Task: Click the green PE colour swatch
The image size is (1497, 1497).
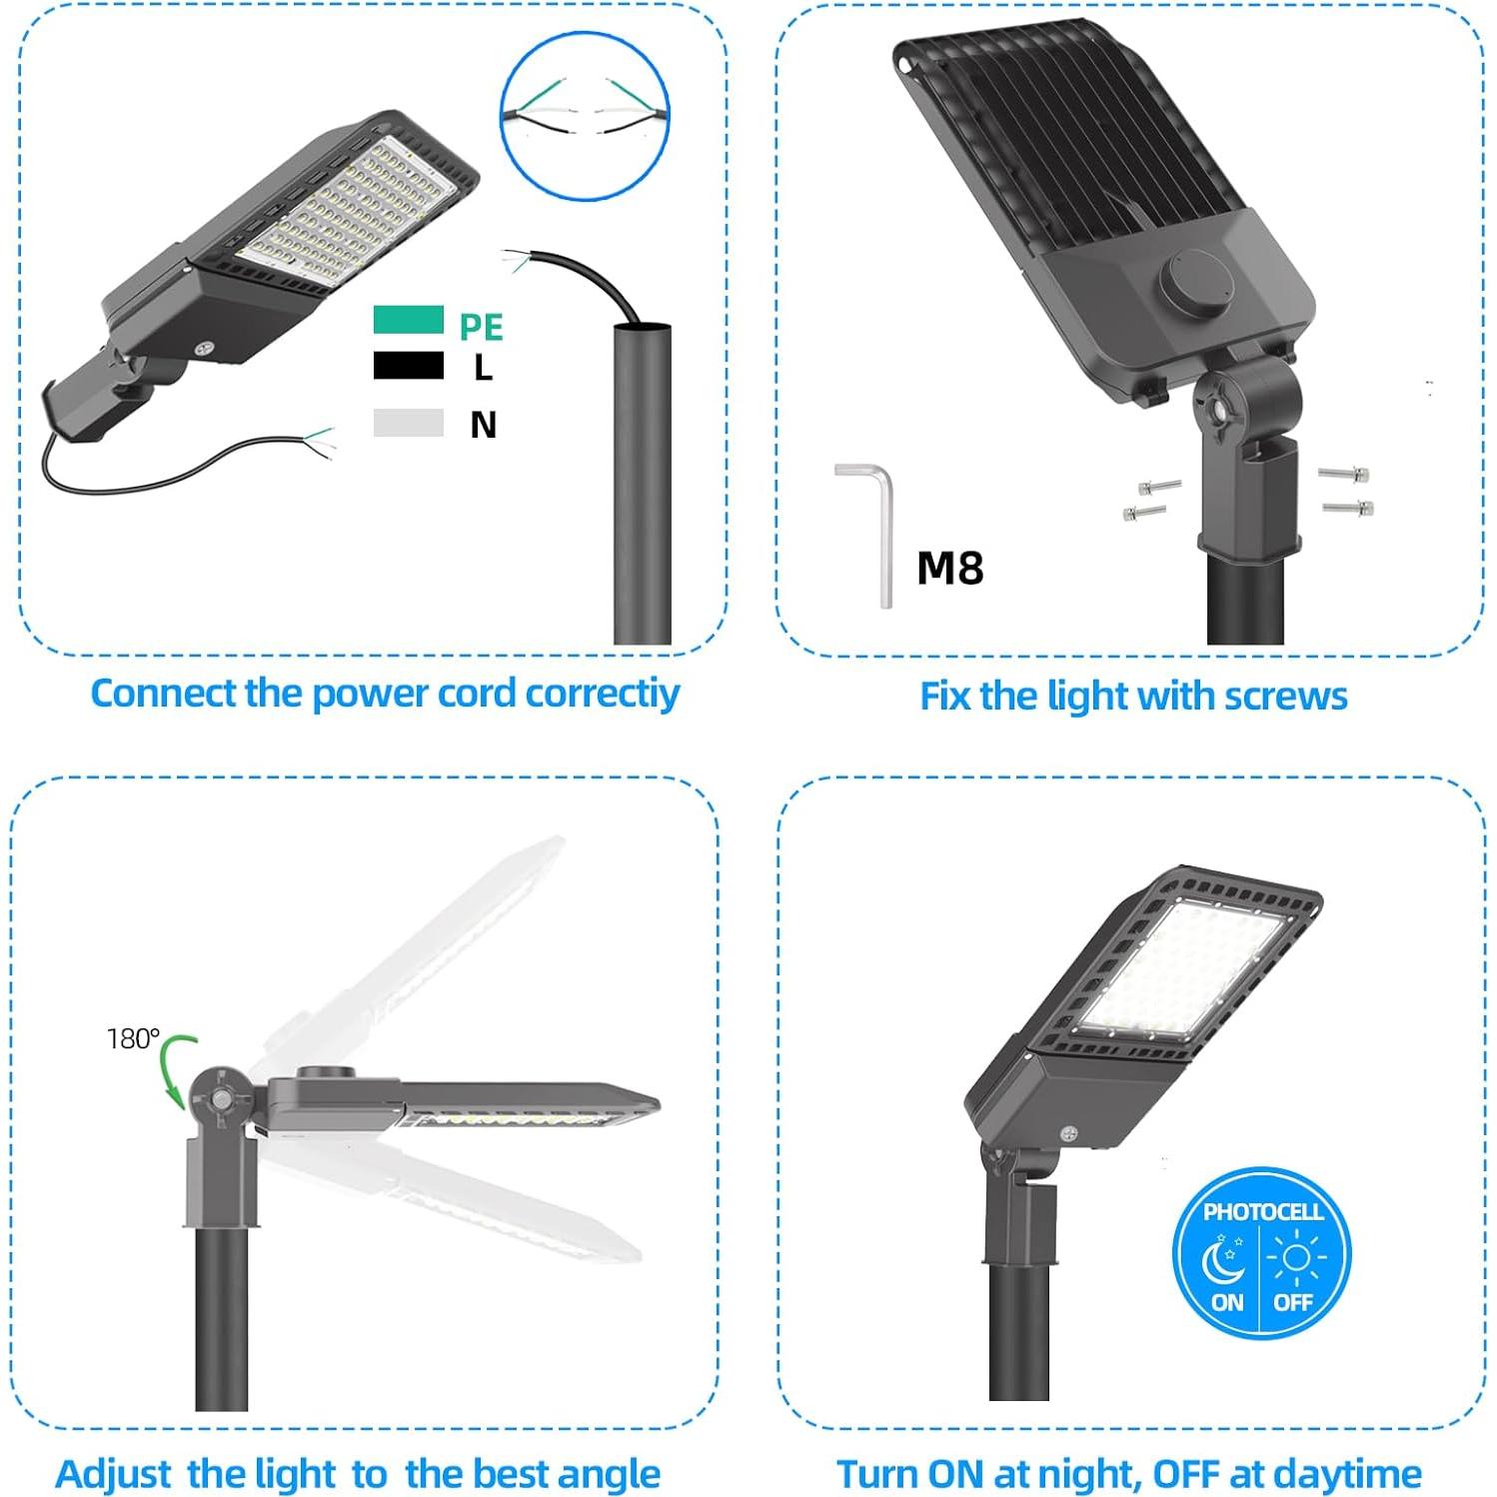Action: point(408,320)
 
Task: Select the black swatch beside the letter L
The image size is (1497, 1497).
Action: point(408,366)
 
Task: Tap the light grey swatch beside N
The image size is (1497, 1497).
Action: point(408,423)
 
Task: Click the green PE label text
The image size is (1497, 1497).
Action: point(481,327)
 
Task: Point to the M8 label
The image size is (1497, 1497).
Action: point(949,568)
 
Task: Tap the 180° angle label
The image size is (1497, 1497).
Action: point(133,1039)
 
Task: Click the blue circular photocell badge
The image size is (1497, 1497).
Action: point(1261,1256)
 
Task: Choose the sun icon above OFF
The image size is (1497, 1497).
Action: point(1295,1257)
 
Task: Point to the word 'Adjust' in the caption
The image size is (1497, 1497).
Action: point(113,1474)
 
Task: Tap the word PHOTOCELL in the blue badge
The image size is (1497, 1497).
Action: point(1262,1212)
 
